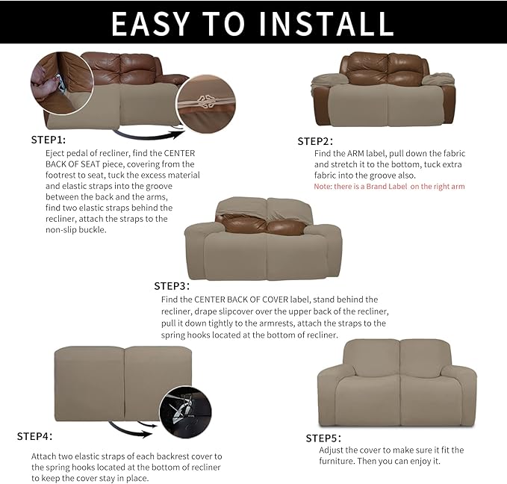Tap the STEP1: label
click(49, 140)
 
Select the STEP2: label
click(315, 141)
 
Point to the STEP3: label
click(172, 286)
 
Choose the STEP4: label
click(34, 436)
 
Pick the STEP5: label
click(323, 438)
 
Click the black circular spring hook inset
click(185, 412)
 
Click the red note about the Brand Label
click(389, 186)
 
